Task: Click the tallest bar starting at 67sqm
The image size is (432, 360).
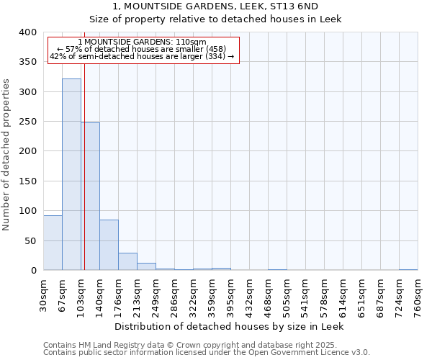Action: (x=71, y=174)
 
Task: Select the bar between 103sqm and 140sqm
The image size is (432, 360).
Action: (x=90, y=197)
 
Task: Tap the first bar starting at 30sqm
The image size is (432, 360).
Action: (x=53, y=243)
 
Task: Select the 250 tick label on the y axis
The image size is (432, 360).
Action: (x=27, y=122)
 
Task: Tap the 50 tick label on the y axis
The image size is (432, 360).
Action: (x=30, y=240)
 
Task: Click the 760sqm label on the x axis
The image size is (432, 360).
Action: (x=418, y=294)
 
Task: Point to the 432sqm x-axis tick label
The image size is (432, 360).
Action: (x=249, y=294)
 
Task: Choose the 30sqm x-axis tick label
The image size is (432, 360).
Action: (x=43, y=294)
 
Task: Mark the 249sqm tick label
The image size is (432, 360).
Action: (x=156, y=294)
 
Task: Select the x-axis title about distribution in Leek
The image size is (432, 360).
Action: (x=230, y=326)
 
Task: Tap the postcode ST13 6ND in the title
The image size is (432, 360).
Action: (x=292, y=6)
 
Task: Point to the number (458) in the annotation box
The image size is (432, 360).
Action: (x=215, y=49)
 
